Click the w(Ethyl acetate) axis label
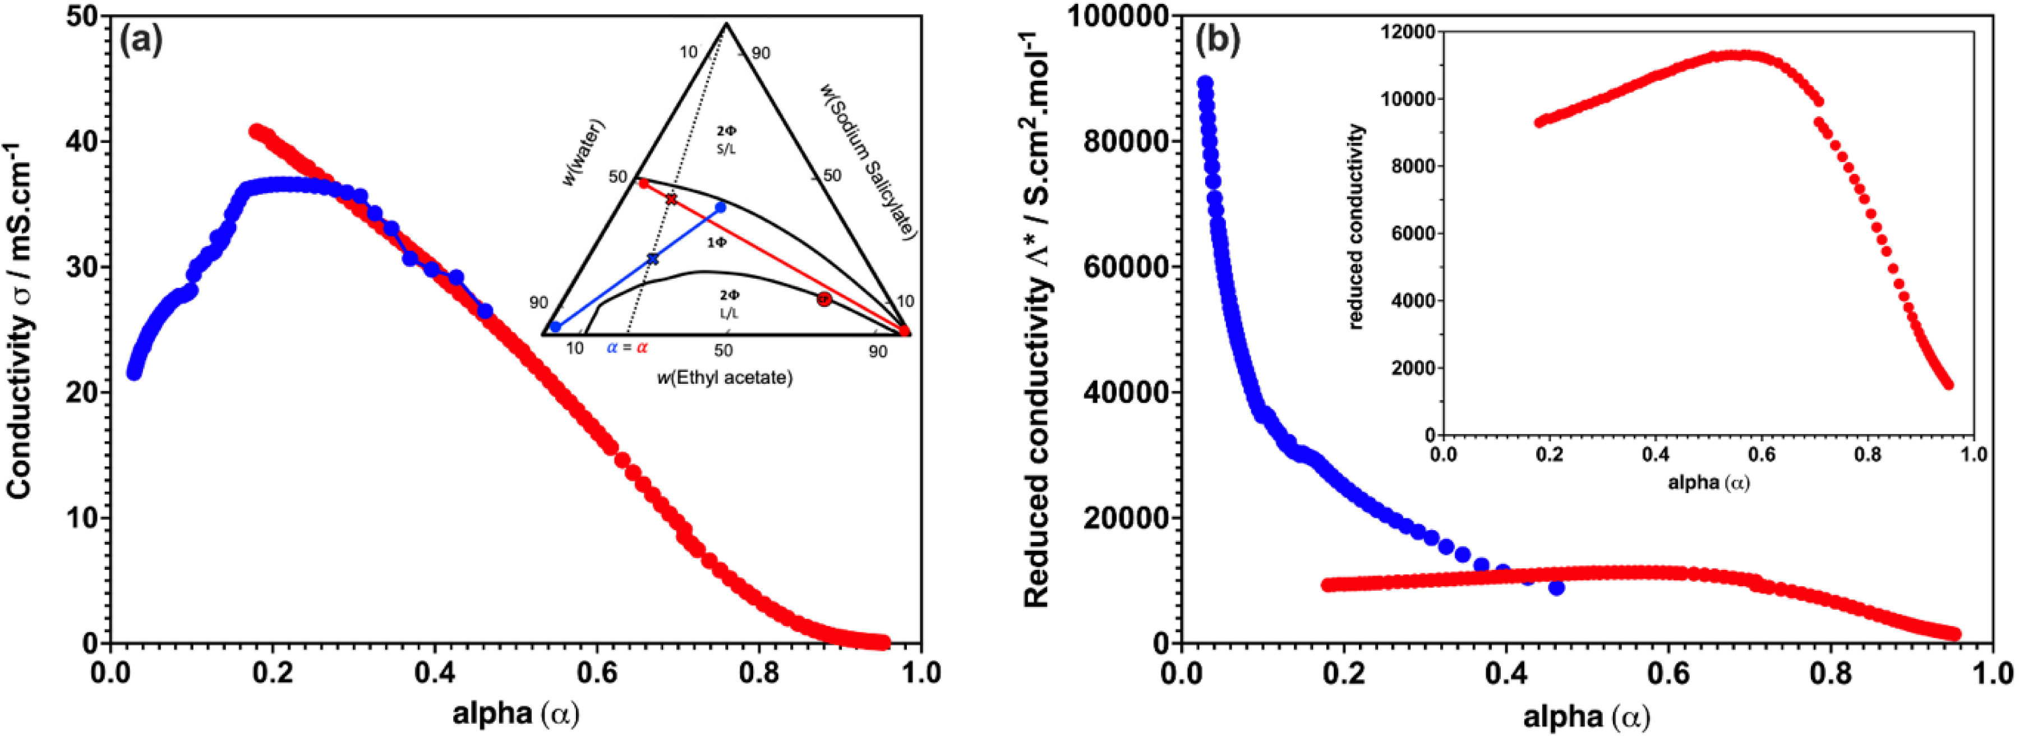724,378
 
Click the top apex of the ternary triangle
726,24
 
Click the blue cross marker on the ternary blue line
653,259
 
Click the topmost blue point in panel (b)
1205,83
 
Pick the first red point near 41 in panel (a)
256,131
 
